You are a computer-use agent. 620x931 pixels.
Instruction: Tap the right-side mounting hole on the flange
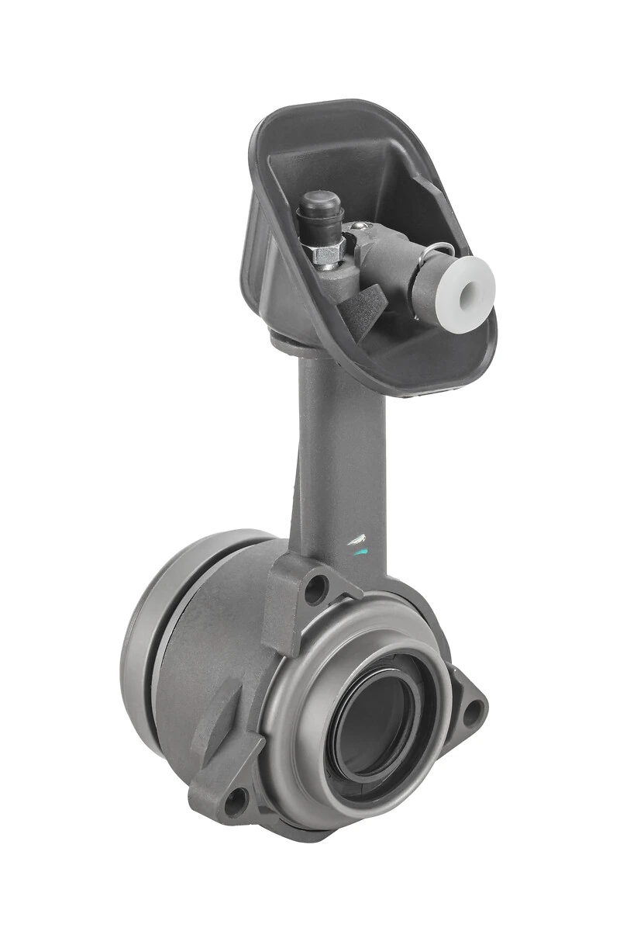pyautogui.click(x=470, y=708)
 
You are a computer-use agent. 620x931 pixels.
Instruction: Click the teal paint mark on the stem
pyautogui.click(x=358, y=552)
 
